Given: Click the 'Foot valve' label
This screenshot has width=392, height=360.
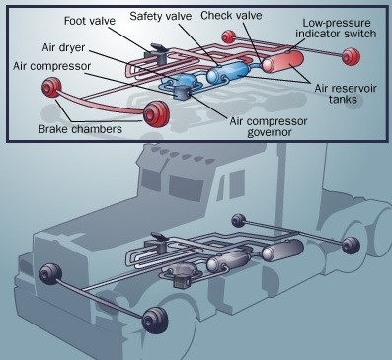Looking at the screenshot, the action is tap(90, 21).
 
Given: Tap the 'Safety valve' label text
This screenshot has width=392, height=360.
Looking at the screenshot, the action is tap(161, 16).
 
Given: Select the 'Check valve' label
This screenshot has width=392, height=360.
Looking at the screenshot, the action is tap(231, 15).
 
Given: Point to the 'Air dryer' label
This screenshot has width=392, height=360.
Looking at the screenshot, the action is tap(63, 47).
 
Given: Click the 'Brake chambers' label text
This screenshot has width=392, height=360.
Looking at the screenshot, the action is tap(80, 128).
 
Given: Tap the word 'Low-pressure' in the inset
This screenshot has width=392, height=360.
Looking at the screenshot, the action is tap(337, 23).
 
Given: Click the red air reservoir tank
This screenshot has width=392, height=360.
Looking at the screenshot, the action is tap(282, 62).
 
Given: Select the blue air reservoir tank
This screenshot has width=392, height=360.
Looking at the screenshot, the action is tap(228, 72).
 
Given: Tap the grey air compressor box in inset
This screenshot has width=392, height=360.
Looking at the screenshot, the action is tap(181, 92).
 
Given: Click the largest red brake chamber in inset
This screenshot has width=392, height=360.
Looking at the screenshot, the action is tap(157, 114).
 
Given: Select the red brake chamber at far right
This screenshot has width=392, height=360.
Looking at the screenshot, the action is tap(351, 56).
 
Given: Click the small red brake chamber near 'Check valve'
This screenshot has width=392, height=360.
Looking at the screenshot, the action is tap(229, 36).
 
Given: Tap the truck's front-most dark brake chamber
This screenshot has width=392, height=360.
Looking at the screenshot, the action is tap(155, 321).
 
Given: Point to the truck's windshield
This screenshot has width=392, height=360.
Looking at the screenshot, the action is tap(186, 186).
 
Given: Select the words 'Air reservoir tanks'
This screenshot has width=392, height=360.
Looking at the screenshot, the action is tap(346, 94).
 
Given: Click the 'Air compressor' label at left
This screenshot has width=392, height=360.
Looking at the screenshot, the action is tap(51, 66).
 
